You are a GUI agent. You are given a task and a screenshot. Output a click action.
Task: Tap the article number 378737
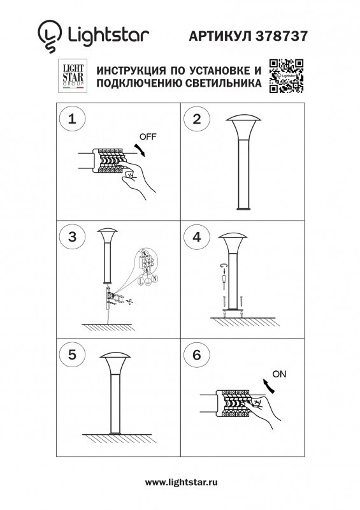pyautogui.click(x=282, y=36)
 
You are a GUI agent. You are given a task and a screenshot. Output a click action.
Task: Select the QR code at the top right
pyautogui.click(x=285, y=76)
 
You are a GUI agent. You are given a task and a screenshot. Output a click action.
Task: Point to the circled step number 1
pyautogui.click(x=72, y=119)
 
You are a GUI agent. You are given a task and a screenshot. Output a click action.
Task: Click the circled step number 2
pyautogui.click(x=197, y=119)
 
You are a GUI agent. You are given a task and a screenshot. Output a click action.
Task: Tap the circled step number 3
pyautogui.click(x=72, y=237)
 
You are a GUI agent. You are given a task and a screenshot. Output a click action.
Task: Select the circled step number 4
pyautogui.click(x=197, y=237)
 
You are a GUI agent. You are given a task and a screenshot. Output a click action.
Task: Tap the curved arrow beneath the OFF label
pyautogui.click(x=141, y=150)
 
